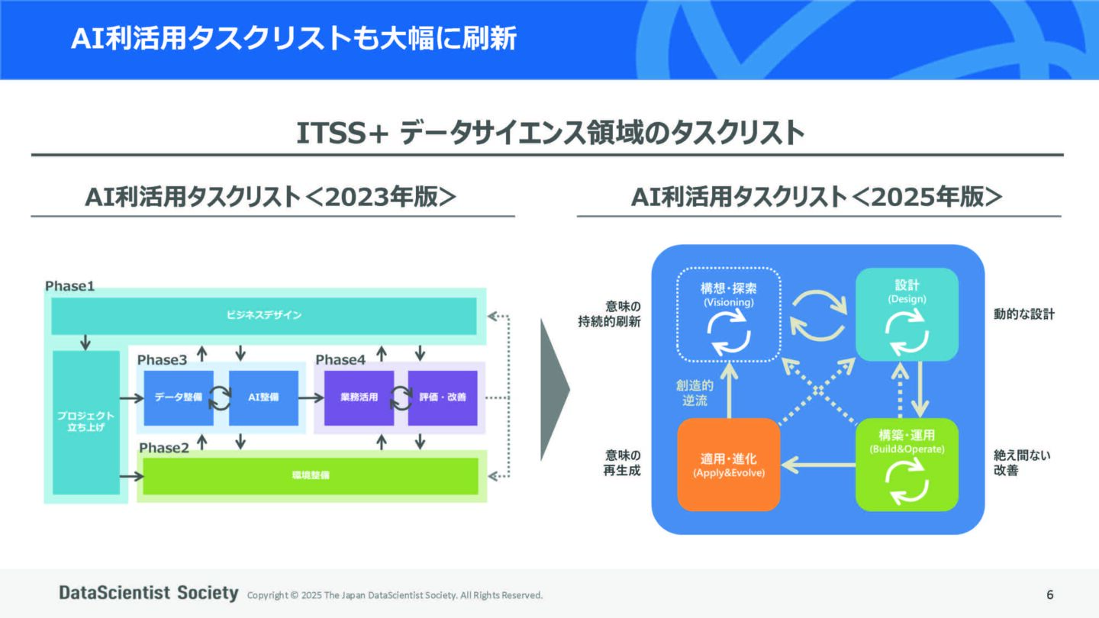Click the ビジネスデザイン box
[263, 316]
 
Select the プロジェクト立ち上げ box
[85, 422]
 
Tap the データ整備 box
[179, 398]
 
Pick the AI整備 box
[263, 398]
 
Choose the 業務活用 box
[359, 398]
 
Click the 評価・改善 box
[443, 398]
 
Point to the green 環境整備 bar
[311, 475]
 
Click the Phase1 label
[69, 286]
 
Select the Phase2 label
[163, 448]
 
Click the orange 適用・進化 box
[729, 465]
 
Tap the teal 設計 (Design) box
[907, 314]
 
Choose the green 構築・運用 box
[907, 465]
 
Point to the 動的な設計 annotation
[1023, 314]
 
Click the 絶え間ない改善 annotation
[1011, 463]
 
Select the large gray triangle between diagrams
[554, 390]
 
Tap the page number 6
[1050, 594]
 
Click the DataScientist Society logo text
[149, 593]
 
